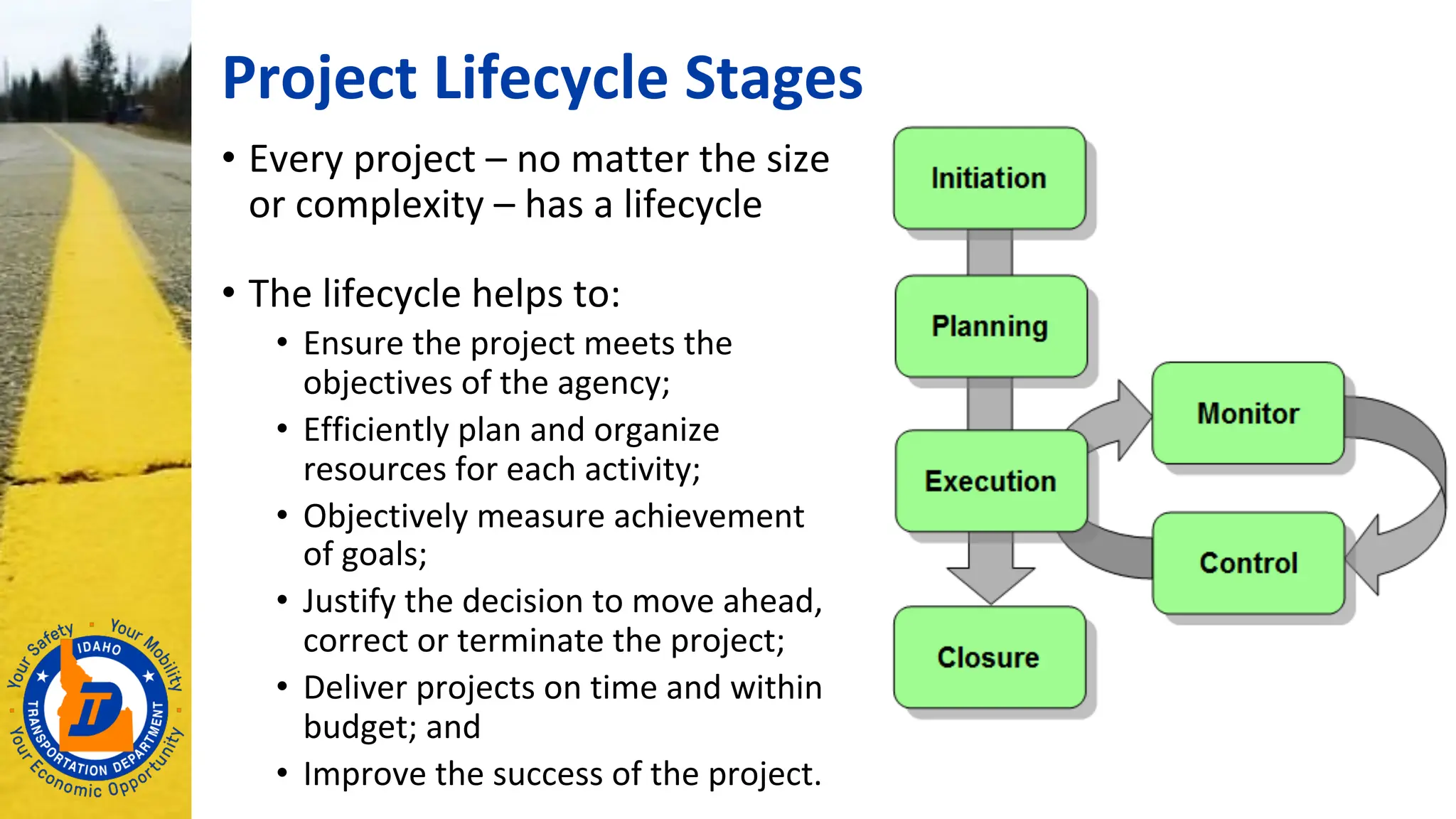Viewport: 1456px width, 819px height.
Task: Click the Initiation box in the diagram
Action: [989, 178]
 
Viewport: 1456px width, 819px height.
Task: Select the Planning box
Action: [990, 326]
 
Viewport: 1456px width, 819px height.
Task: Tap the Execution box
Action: [990, 481]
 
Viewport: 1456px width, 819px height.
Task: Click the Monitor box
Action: [1248, 413]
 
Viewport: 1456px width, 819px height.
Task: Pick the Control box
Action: [1248, 563]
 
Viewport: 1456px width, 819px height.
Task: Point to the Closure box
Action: [989, 657]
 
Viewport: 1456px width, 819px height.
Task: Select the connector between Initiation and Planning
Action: [989, 252]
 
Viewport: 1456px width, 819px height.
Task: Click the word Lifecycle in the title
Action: [551, 78]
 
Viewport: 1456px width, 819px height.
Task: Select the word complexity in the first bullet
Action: [390, 205]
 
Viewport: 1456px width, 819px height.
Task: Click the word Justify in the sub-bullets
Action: [348, 601]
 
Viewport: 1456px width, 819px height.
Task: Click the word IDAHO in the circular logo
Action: [99, 647]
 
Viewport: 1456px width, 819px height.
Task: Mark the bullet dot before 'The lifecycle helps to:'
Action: [228, 292]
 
